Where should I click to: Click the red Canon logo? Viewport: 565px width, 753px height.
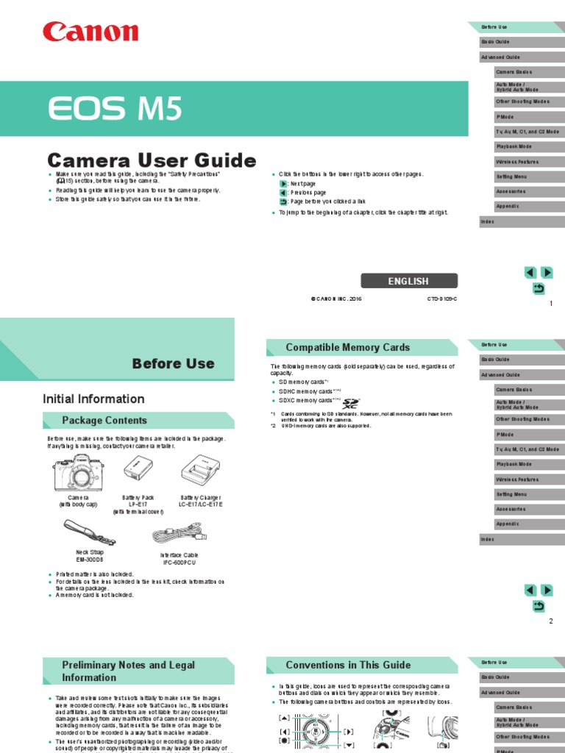(x=90, y=32)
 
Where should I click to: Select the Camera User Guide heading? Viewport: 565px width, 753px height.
(x=152, y=160)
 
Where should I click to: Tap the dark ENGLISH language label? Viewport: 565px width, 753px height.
(x=408, y=281)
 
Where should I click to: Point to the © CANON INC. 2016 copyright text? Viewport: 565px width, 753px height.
(x=336, y=299)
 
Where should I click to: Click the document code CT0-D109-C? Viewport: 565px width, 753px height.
(x=442, y=299)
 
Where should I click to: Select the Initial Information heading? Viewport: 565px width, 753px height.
(x=93, y=399)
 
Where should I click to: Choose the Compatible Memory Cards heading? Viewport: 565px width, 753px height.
(x=347, y=347)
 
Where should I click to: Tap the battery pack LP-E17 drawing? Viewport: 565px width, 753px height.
(x=137, y=468)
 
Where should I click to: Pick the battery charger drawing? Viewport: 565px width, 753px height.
(x=200, y=468)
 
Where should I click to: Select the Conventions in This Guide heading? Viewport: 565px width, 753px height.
(x=348, y=665)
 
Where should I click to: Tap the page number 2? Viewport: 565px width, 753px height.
(x=550, y=621)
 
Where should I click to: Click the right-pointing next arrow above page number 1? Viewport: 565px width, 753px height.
(x=547, y=273)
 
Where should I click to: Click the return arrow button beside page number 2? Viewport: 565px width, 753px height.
(x=539, y=606)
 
